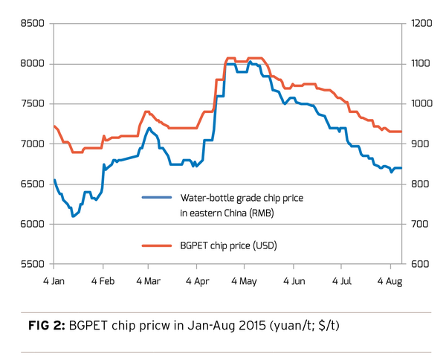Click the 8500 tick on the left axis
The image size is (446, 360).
pyautogui.click(x=34, y=24)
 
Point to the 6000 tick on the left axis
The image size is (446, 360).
pyautogui.click(x=34, y=224)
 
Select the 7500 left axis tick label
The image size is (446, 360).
pyautogui.click(x=34, y=104)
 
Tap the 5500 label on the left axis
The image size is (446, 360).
pyautogui.click(x=34, y=264)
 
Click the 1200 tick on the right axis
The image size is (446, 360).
pyautogui.click(x=416, y=24)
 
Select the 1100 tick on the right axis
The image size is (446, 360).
pyautogui.click(x=416, y=64)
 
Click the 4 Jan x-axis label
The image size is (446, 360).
pyautogui.click(x=54, y=282)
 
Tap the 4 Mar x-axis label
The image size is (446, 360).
pyautogui.click(x=149, y=282)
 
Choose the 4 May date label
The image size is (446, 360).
pyautogui.click(x=245, y=282)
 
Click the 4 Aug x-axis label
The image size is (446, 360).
pyautogui.click(x=390, y=282)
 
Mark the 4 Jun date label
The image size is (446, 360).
pyautogui.click(x=294, y=282)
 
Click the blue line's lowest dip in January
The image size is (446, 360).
pyautogui.click(x=73, y=216)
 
